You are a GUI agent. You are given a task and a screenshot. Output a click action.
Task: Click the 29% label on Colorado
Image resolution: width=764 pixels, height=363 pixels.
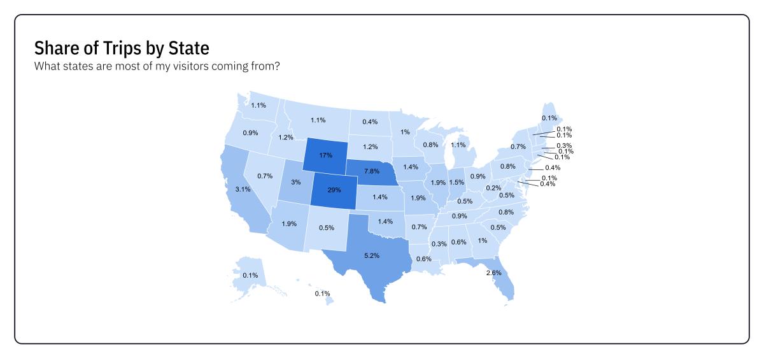click(330, 190)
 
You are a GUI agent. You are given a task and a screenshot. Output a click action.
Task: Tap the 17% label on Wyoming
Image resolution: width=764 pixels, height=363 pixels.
click(325, 155)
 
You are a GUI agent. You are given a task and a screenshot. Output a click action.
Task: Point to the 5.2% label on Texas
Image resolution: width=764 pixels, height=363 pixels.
click(372, 255)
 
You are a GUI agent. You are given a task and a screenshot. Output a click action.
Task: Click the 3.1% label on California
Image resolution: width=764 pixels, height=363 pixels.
click(241, 189)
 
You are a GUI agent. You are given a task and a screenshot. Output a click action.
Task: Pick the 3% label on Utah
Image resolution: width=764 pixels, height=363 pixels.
click(296, 182)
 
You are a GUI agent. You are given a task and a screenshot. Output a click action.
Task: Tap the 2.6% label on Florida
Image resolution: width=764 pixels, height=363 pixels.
click(493, 273)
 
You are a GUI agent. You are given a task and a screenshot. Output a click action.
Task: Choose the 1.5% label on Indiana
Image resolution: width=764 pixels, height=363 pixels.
click(456, 182)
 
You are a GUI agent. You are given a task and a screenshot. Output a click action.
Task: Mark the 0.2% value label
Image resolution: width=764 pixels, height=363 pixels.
click(493, 188)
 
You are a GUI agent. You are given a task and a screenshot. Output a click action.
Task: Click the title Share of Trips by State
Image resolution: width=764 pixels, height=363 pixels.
click(122, 48)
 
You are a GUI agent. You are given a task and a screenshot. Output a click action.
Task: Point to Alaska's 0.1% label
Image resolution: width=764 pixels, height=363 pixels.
click(250, 275)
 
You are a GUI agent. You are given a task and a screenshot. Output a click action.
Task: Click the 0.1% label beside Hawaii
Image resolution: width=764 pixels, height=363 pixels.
click(322, 294)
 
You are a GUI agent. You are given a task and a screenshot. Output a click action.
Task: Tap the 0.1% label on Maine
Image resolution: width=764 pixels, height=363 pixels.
click(549, 118)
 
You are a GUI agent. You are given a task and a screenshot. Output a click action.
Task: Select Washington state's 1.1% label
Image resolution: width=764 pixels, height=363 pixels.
click(258, 105)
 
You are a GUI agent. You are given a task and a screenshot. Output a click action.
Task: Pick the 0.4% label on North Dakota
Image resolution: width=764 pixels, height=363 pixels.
click(370, 122)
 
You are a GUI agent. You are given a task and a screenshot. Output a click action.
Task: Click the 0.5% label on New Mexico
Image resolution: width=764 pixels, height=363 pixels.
click(327, 228)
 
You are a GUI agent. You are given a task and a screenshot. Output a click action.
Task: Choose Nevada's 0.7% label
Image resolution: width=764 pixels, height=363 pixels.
click(265, 176)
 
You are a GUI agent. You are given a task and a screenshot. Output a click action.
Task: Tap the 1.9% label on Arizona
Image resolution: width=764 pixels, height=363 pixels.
click(288, 224)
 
